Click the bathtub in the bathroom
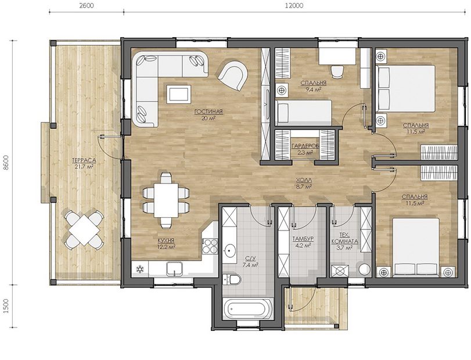(248, 309)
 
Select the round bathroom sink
(231, 249)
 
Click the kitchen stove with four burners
(210, 246)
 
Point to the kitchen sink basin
(174, 268)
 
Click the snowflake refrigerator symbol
(140, 269)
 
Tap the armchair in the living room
(233, 75)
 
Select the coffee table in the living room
(178, 94)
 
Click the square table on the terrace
(84, 230)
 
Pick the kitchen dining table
(166, 200)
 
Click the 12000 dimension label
(296, 5)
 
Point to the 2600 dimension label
(86, 5)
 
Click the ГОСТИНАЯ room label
(208, 111)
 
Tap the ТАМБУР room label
(303, 239)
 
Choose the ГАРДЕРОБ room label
(305, 146)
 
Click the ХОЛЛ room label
(304, 180)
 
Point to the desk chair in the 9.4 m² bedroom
(337, 71)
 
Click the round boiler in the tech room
(365, 269)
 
